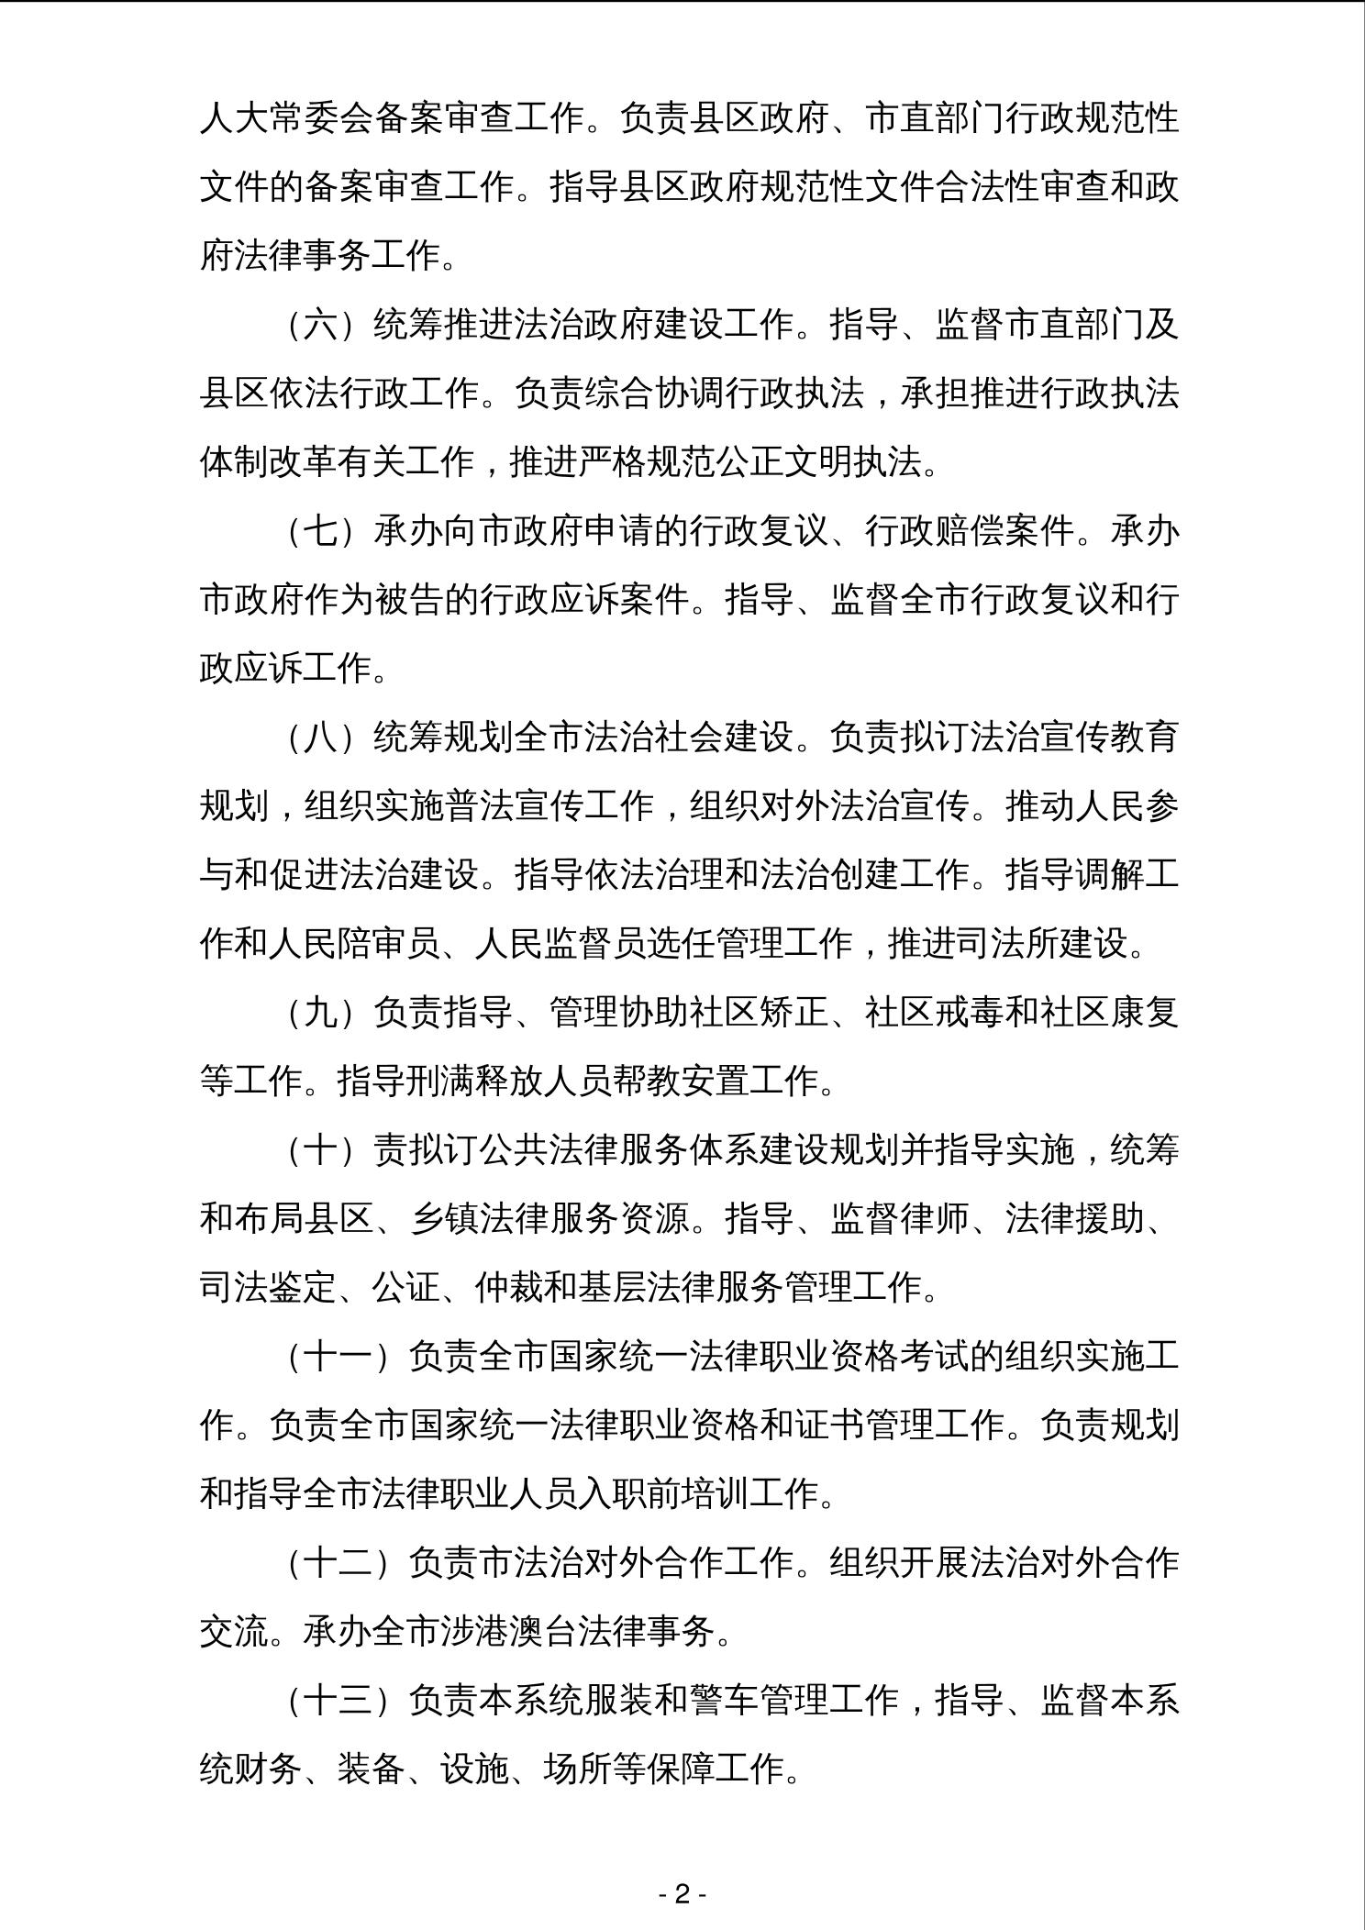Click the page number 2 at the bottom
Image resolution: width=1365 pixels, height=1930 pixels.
[x=682, y=1894]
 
